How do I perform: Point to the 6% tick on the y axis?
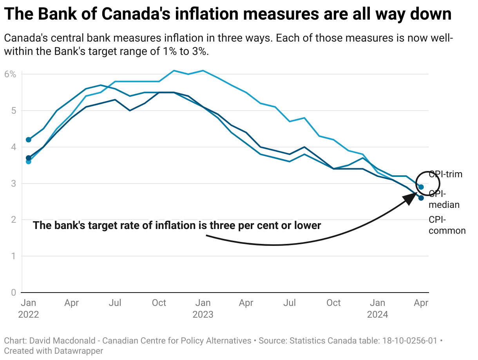[x=11, y=74]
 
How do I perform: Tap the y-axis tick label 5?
[x=13, y=110]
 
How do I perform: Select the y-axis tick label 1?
[x=13, y=256]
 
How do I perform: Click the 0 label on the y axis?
[x=13, y=293]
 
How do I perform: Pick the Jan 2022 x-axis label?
[x=28, y=309]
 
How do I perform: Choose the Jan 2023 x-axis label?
[x=203, y=309]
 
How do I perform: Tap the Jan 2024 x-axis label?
[x=377, y=309]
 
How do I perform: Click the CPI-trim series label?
[x=445, y=175]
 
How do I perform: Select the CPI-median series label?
[x=444, y=199]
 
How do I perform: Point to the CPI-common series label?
[x=447, y=225]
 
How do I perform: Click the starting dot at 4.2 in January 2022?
[x=28, y=140]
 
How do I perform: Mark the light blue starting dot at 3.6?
[x=28, y=161]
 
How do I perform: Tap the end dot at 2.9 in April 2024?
[x=421, y=187]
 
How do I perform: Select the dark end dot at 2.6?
[x=421, y=198]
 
